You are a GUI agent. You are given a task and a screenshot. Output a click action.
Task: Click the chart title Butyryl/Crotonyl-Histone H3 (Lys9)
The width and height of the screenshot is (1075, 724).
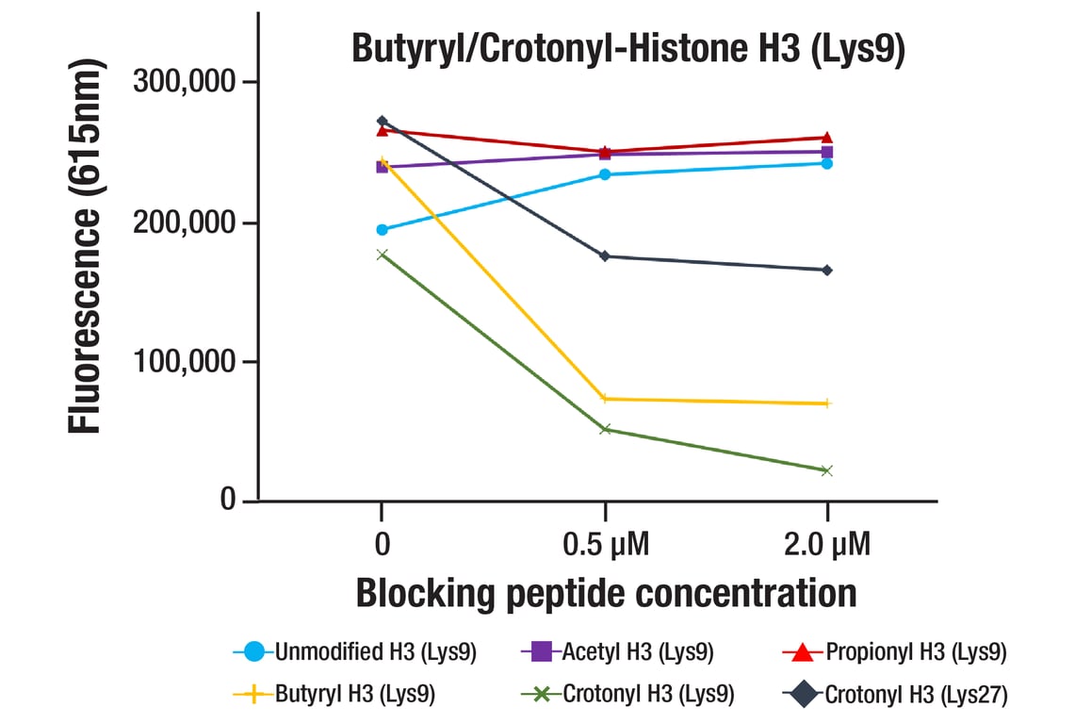pos(628,49)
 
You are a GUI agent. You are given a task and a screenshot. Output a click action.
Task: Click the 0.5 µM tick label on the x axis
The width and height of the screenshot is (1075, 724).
pos(605,545)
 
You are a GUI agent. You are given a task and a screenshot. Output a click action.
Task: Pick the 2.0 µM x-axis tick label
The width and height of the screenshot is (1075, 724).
pos(827,545)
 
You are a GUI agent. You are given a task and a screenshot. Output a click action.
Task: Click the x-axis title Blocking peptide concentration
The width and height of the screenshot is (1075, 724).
pos(605,594)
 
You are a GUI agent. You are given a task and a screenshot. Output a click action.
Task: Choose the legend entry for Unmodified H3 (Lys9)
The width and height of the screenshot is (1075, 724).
pos(355,651)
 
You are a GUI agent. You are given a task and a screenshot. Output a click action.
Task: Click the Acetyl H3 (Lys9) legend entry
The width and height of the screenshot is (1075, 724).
pos(617,651)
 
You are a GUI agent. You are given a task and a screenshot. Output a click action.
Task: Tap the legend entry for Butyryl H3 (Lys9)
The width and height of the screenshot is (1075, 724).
pos(334,695)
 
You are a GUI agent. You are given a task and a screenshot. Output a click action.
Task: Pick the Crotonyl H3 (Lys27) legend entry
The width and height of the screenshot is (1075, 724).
pos(895,695)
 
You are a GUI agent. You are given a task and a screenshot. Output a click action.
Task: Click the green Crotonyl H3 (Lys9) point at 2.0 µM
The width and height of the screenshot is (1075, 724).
pos(827,470)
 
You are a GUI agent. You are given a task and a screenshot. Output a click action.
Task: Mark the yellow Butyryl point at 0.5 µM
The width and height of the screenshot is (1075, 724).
pos(605,399)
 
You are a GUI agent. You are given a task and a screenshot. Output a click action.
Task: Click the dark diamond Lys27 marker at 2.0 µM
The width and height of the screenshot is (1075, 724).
pos(827,271)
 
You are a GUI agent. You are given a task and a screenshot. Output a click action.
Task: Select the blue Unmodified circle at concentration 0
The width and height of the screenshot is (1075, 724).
pos(382,230)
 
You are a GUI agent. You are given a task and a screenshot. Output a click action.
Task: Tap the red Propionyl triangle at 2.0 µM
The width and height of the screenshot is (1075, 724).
pos(827,138)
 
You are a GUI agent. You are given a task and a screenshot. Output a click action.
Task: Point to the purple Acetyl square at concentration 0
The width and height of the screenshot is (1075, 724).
pos(382,167)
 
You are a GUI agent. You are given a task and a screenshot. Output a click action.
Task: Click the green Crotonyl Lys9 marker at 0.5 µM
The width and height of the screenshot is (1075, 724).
pos(605,430)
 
